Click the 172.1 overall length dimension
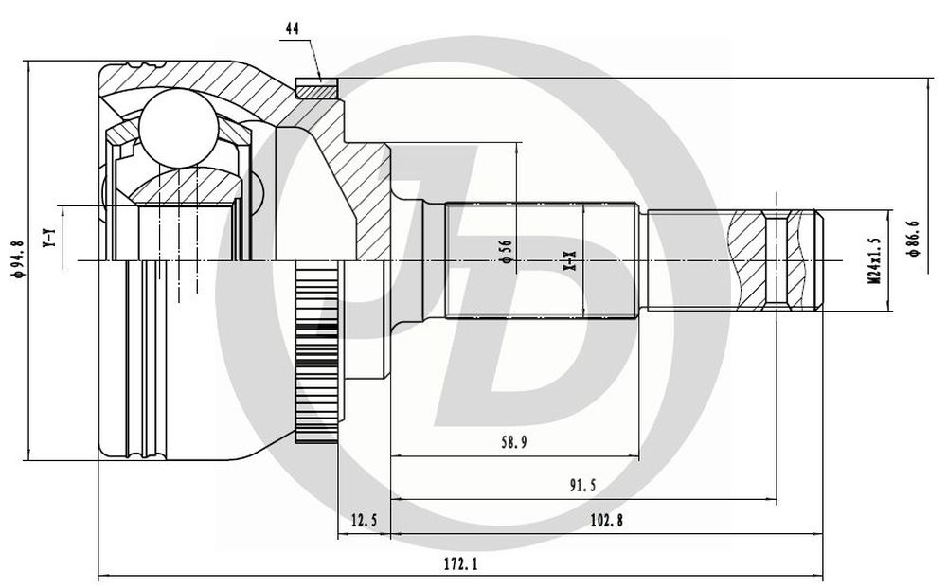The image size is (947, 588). tap(461, 563)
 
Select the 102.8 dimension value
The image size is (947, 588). tap(606, 520)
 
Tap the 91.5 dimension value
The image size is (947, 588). tap(581, 486)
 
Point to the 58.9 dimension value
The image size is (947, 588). tap(513, 442)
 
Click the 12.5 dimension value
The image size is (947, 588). tap(364, 520)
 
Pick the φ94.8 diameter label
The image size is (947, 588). tap(18, 258)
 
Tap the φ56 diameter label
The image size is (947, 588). tap(505, 251)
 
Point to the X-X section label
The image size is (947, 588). tap(569, 260)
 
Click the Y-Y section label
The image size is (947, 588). tap(49, 238)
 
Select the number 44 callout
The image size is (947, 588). tap(293, 28)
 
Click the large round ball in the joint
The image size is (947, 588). tap(178, 127)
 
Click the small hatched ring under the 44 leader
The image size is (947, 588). tap(315, 89)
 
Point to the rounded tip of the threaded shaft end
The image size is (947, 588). tap(818, 260)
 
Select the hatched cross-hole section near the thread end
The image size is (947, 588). tap(777, 260)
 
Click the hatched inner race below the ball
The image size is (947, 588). tap(188, 187)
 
